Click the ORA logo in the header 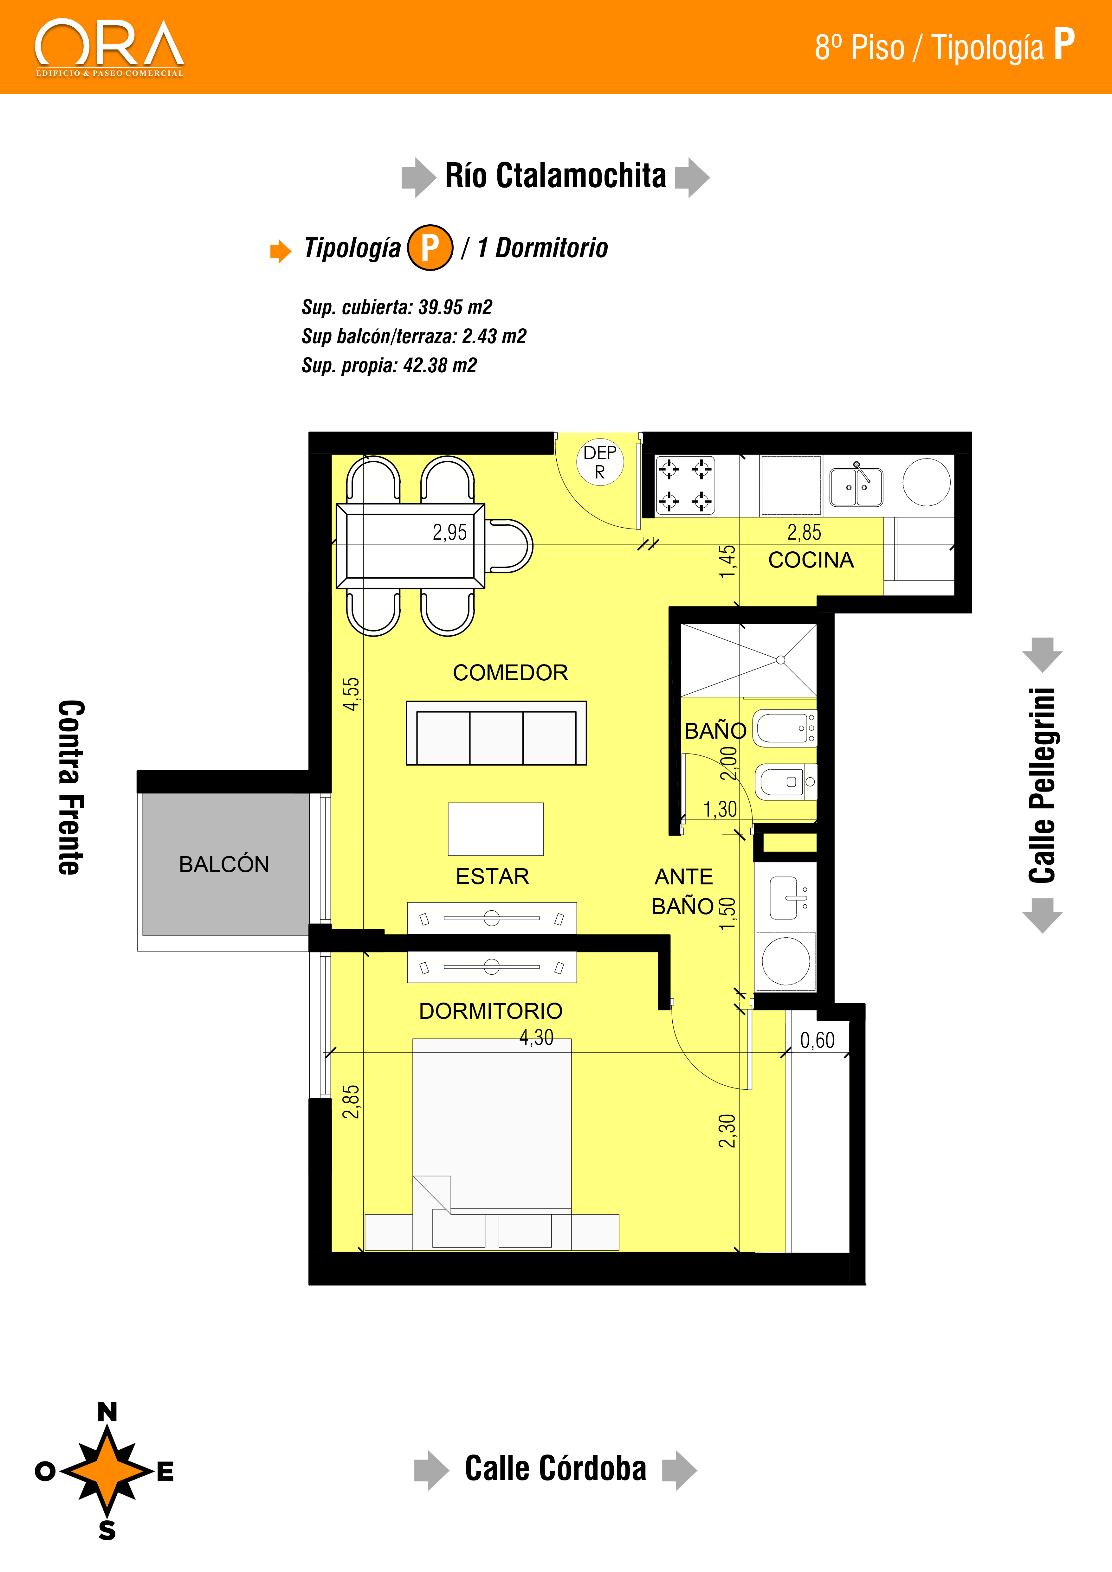click(x=110, y=48)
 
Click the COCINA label click(x=811, y=560)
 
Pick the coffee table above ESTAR click(x=496, y=829)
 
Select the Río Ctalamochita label click(x=555, y=175)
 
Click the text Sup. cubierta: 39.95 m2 click(x=397, y=307)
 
